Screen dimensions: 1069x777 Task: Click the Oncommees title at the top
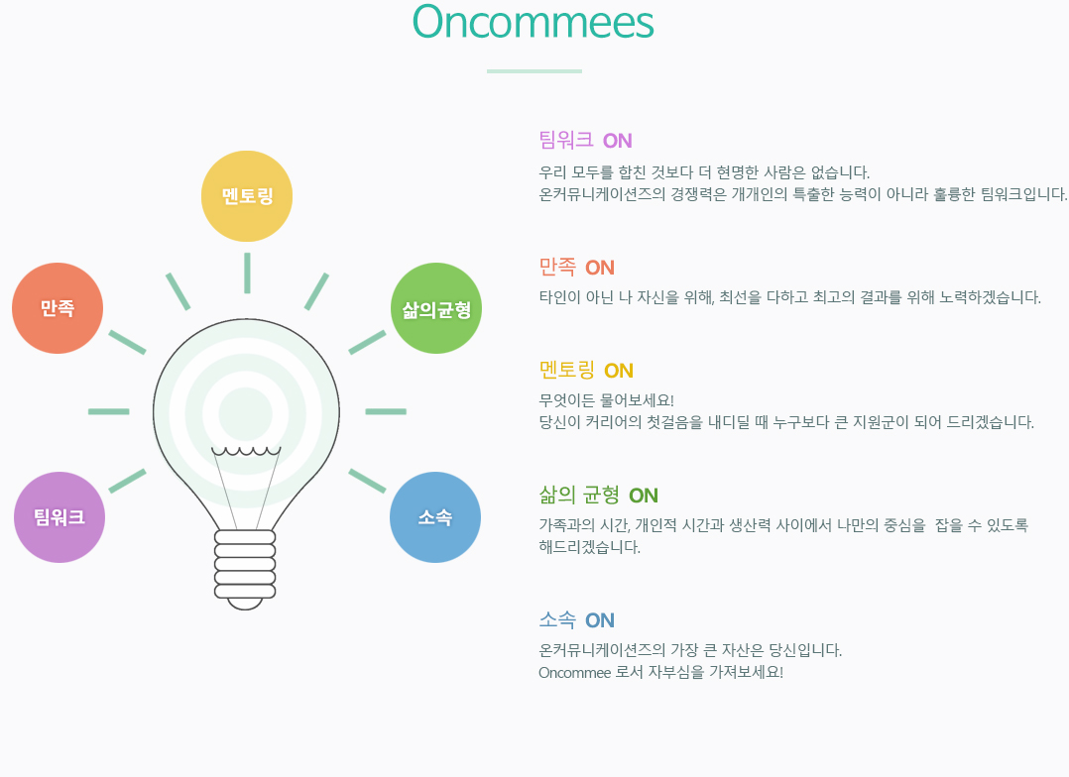tap(534, 22)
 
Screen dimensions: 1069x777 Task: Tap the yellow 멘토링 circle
tap(247, 196)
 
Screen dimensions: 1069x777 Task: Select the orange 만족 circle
tap(58, 308)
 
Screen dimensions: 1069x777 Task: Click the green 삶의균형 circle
tap(436, 308)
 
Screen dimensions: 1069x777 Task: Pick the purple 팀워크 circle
tap(59, 517)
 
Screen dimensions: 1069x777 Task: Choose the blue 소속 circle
tap(435, 517)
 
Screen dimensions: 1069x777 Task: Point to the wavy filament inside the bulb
tap(246, 451)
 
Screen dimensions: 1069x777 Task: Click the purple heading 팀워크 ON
tap(586, 141)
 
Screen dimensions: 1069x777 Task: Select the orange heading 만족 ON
tap(577, 268)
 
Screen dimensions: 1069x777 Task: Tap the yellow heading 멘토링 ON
tap(586, 370)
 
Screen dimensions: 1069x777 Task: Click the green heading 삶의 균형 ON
tap(599, 495)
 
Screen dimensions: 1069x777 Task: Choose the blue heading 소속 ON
tap(577, 620)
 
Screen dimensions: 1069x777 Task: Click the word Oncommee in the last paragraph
tap(575, 673)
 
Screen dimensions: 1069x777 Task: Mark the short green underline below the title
tap(534, 71)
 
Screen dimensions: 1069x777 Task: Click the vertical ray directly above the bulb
tap(247, 274)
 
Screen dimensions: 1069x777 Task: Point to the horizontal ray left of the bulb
tap(108, 411)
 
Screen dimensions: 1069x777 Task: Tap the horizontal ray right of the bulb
tap(386, 411)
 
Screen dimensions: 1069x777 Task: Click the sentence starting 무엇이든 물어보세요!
tap(606, 400)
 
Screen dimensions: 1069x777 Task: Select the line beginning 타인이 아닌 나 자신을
tap(790, 297)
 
